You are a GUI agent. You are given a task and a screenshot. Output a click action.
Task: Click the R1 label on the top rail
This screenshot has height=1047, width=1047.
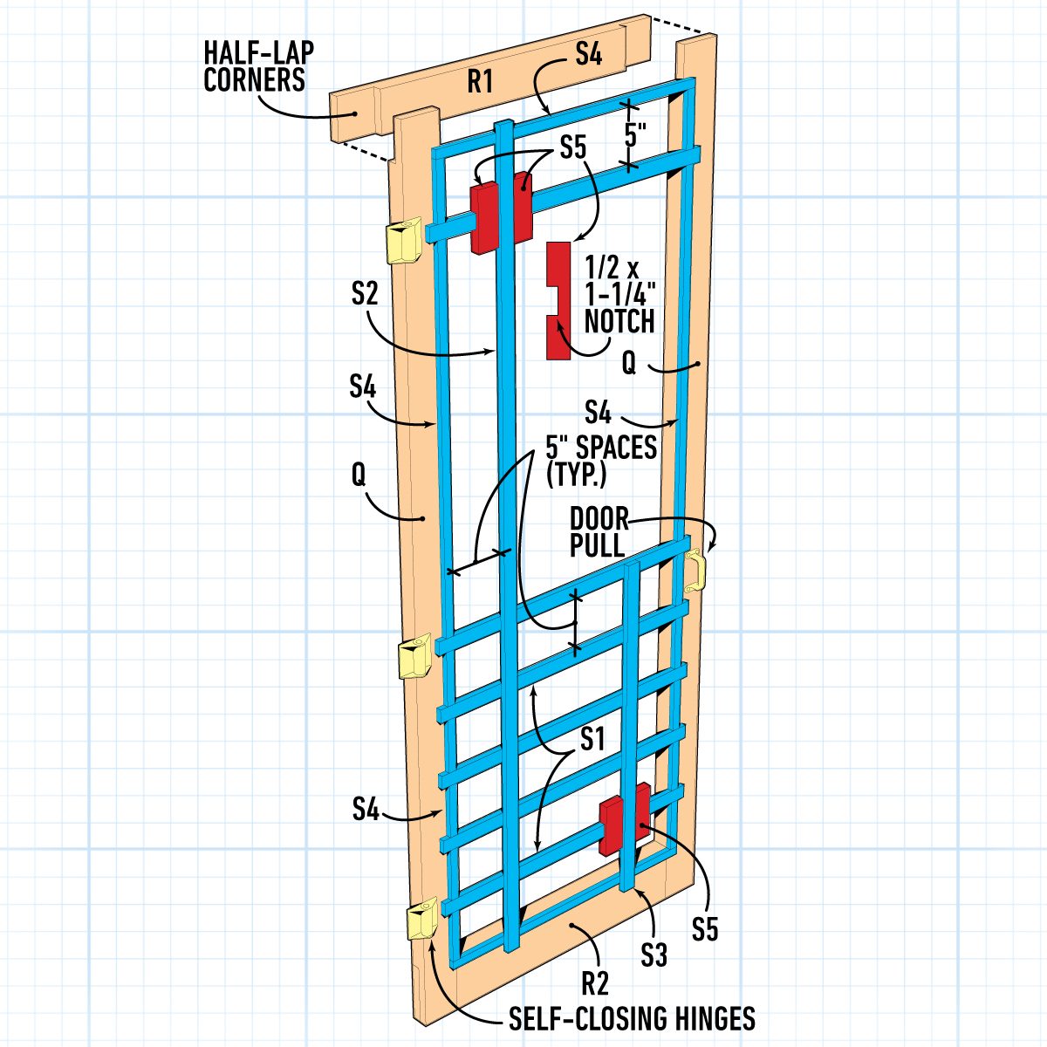(x=481, y=83)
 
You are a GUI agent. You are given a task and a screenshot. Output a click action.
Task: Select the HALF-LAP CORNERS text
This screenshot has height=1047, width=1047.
(x=257, y=65)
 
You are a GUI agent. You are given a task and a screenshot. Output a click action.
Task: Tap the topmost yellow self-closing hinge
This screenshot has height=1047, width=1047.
(x=405, y=240)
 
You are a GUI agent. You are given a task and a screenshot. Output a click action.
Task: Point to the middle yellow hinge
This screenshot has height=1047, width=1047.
(x=414, y=656)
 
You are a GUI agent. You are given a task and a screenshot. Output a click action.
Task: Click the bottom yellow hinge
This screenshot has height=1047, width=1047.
(x=423, y=920)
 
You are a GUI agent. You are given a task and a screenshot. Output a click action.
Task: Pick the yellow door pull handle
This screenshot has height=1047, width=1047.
(x=695, y=571)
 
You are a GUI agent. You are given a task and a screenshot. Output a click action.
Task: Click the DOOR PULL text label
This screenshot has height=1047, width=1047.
(x=599, y=532)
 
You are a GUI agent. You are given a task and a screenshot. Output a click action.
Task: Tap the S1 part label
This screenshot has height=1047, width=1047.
(x=592, y=740)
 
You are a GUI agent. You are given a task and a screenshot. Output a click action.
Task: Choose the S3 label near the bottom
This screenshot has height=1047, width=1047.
(x=654, y=955)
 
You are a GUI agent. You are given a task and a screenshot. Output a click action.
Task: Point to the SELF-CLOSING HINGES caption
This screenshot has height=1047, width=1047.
(x=633, y=1018)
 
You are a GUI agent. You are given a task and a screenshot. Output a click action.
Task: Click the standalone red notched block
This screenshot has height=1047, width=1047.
(x=557, y=301)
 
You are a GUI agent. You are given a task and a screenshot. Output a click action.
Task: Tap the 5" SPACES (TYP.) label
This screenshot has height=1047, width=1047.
(x=601, y=460)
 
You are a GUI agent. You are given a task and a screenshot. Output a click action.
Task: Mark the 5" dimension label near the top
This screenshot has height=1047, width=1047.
(x=635, y=135)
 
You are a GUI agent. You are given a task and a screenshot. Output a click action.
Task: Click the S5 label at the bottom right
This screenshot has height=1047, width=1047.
(x=705, y=929)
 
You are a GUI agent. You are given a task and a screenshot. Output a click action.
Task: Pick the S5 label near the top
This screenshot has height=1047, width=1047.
(x=573, y=147)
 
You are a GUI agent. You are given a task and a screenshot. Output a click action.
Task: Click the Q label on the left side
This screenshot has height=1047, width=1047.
(x=359, y=474)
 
